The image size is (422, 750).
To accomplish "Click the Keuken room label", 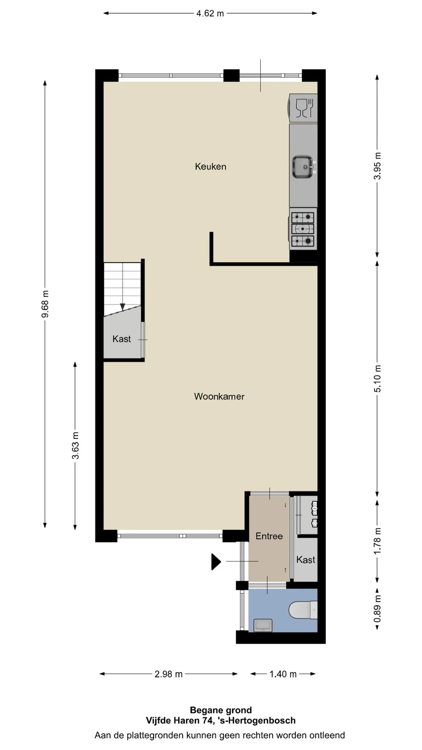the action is [x=211, y=167].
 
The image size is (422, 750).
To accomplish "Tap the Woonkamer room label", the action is [x=219, y=396].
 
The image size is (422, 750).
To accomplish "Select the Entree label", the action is [x=269, y=536].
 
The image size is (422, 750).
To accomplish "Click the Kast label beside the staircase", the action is [x=122, y=339].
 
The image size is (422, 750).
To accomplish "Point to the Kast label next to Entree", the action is [x=306, y=560].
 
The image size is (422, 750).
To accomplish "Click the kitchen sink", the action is [x=303, y=166].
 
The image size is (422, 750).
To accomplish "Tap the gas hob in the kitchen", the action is [x=303, y=229].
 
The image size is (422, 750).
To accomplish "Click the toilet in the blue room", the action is [x=303, y=611].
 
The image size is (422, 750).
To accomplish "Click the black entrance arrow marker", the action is [x=216, y=562].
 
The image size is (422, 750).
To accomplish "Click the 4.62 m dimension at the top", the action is [x=210, y=13].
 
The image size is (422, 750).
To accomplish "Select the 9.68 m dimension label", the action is [x=45, y=304].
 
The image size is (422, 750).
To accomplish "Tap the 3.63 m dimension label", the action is [x=75, y=445].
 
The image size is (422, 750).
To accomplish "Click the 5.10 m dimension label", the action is [x=377, y=379].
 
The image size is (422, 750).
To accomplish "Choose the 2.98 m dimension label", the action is [x=168, y=674].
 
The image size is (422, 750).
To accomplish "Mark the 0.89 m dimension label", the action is [x=377, y=609].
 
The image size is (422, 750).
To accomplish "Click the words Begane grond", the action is [x=221, y=710].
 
